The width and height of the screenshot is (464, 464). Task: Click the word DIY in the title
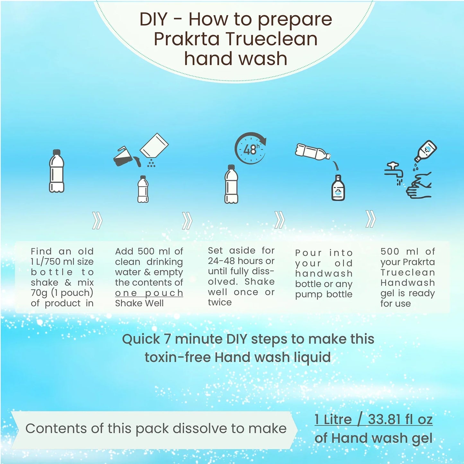point(153,20)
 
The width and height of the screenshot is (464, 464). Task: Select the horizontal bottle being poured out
point(313,152)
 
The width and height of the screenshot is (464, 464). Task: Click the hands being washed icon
point(418,185)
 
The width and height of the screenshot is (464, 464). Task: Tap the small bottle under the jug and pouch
point(143,189)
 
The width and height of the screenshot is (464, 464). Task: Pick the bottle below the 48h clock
point(231,184)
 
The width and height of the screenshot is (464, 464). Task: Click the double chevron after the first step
point(97,220)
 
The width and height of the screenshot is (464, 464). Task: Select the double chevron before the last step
point(371,219)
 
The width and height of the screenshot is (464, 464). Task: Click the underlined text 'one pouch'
point(149,293)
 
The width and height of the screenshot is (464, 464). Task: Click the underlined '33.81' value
point(384,419)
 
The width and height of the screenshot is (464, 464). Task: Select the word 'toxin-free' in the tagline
point(178,357)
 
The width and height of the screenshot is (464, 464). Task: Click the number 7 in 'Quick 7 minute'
point(167,339)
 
